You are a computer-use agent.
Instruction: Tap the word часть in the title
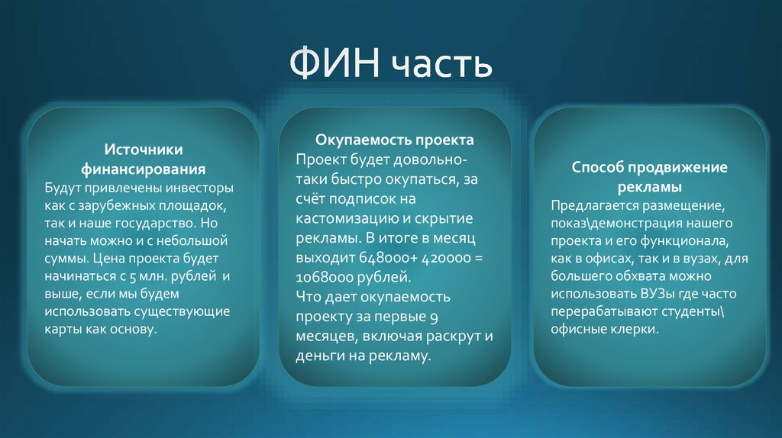pyautogui.click(x=442, y=65)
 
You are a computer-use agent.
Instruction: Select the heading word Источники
pyautogui.click(x=144, y=150)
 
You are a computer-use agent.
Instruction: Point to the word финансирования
pyautogui.click(x=144, y=169)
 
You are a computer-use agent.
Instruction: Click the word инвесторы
pyautogui.click(x=199, y=188)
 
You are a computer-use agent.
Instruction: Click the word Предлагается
pyautogui.click(x=593, y=205)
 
